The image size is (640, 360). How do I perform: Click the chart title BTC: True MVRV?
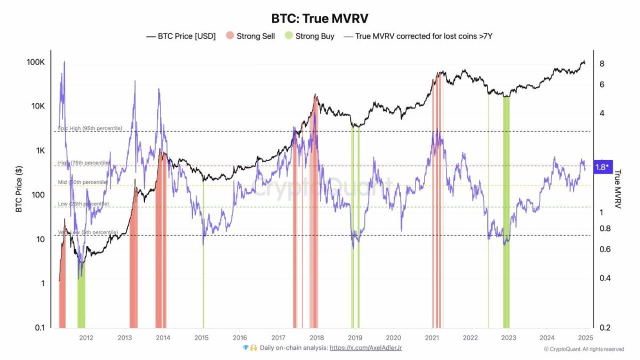(x=319, y=18)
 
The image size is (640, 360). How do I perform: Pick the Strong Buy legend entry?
(x=310, y=37)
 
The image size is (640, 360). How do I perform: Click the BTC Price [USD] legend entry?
(x=181, y=37)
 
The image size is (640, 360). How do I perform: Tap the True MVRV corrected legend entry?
(x=422, y=37)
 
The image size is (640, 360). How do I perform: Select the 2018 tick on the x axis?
(x=316, y=337)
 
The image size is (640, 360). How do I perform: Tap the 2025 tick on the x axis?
(x=585, y=337)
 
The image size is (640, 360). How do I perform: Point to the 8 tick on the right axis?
(x=602, y=63)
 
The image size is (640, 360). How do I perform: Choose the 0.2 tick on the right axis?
(x=604, y=327)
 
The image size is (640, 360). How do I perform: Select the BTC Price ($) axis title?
(x=19, y=189)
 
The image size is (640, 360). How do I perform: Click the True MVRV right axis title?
(x=619, y=189)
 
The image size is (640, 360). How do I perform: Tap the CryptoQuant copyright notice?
(x=583, y=349)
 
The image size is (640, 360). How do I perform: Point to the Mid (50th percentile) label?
(x=83, y=182)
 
